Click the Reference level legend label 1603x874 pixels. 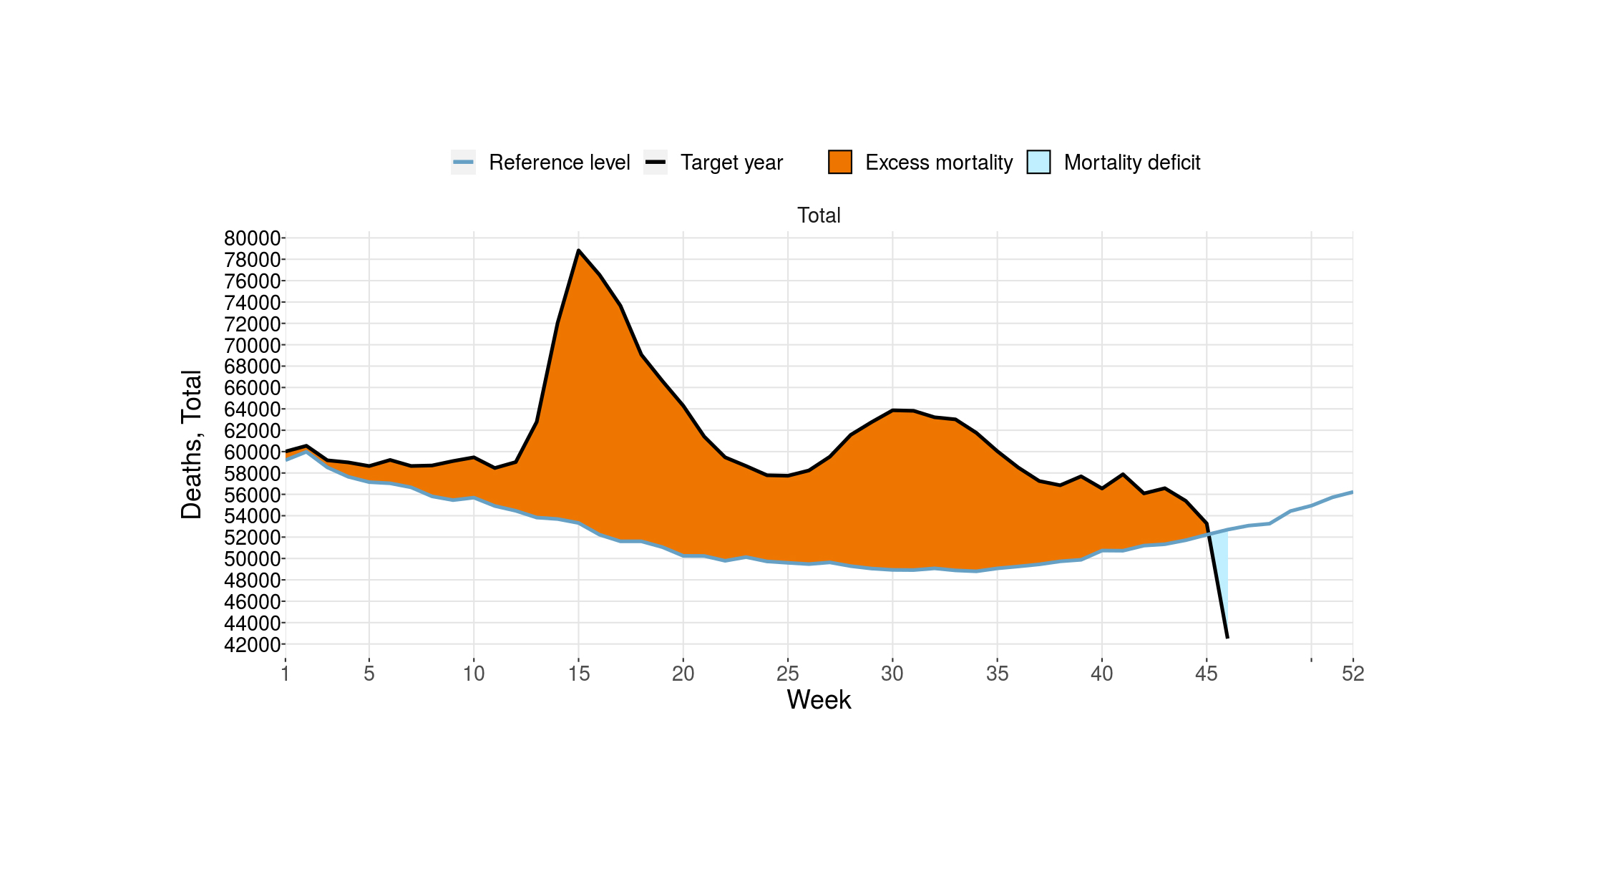click(559, 162)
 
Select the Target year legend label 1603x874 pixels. click(731, 162)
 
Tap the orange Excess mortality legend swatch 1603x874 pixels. click(840, 162)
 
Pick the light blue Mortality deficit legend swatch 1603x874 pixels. click(1038, 162)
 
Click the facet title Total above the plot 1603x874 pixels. click(819, 215)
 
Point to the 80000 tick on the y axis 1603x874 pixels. click(252, 238)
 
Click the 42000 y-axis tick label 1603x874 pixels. click(252, 645)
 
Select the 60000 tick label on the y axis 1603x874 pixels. click(252, 452)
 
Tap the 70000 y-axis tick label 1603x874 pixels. click(252, 346)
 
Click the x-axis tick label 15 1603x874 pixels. click(578, 674)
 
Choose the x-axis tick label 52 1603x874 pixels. click(1353, 674)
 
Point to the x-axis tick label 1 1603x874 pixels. click(286, 674)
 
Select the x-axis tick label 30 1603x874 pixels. click(892, 674)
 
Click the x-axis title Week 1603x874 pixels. click(819, 700)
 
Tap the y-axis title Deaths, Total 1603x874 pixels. click(192, 445)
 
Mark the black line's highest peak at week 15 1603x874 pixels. click(578, 251)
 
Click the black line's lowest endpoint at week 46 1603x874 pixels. click(1227, 637)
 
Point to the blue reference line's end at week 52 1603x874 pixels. click(1352, 492)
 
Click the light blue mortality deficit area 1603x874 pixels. click(1222, 565)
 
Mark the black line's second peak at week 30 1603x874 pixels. click(892, 410)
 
